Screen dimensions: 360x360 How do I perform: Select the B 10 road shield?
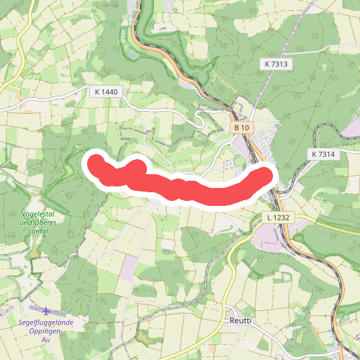coord(241,127)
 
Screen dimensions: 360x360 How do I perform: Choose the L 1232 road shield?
coord(279,217)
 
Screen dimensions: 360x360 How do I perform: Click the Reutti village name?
coord(240,320)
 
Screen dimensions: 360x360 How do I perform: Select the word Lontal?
coord(37,231)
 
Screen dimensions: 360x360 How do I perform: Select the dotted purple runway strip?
coord(29,304)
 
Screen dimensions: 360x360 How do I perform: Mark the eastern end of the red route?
coord(266,175)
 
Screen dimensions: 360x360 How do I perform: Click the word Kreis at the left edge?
coord(7,312)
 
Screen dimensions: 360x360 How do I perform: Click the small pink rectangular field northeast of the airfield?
coord(127,269)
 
